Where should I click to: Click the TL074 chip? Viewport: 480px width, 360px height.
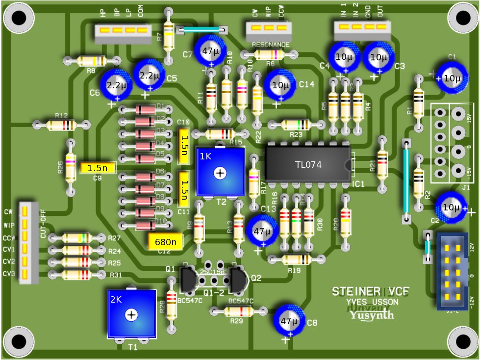pos(308,165)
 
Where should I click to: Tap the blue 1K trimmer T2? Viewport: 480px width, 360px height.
pos(220,172)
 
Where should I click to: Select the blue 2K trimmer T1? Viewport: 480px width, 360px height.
pos(131,314)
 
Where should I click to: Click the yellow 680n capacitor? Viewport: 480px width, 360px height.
pos(166,240)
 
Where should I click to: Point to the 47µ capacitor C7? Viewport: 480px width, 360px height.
pos(211,51)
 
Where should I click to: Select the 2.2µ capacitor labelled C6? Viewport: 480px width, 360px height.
pos(117,85)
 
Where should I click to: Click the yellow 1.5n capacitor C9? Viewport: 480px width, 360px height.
pos(98,168)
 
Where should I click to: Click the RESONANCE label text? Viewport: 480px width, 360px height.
pos(270,45)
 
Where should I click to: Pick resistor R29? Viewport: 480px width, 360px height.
pos(237,311)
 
